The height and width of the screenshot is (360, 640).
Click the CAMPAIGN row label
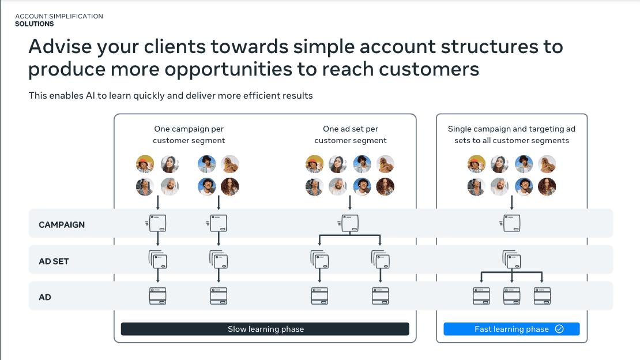62,225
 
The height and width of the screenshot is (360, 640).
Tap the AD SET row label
54,261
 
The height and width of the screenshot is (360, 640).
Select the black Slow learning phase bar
265,329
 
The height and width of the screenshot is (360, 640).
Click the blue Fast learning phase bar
511,329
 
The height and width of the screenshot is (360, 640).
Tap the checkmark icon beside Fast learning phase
559,329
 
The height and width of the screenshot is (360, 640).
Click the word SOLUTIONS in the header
34,24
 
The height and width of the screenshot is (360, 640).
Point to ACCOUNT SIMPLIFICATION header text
59,17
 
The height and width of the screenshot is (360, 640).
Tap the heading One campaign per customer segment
189,135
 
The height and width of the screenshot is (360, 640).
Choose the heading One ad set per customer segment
351,135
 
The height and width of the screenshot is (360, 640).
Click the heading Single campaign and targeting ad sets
511,135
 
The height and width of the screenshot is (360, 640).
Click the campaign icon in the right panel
511,223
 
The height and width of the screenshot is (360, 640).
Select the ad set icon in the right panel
511,260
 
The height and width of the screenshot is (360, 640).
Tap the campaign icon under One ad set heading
350,223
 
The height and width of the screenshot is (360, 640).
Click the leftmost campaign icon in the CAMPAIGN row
157,223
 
